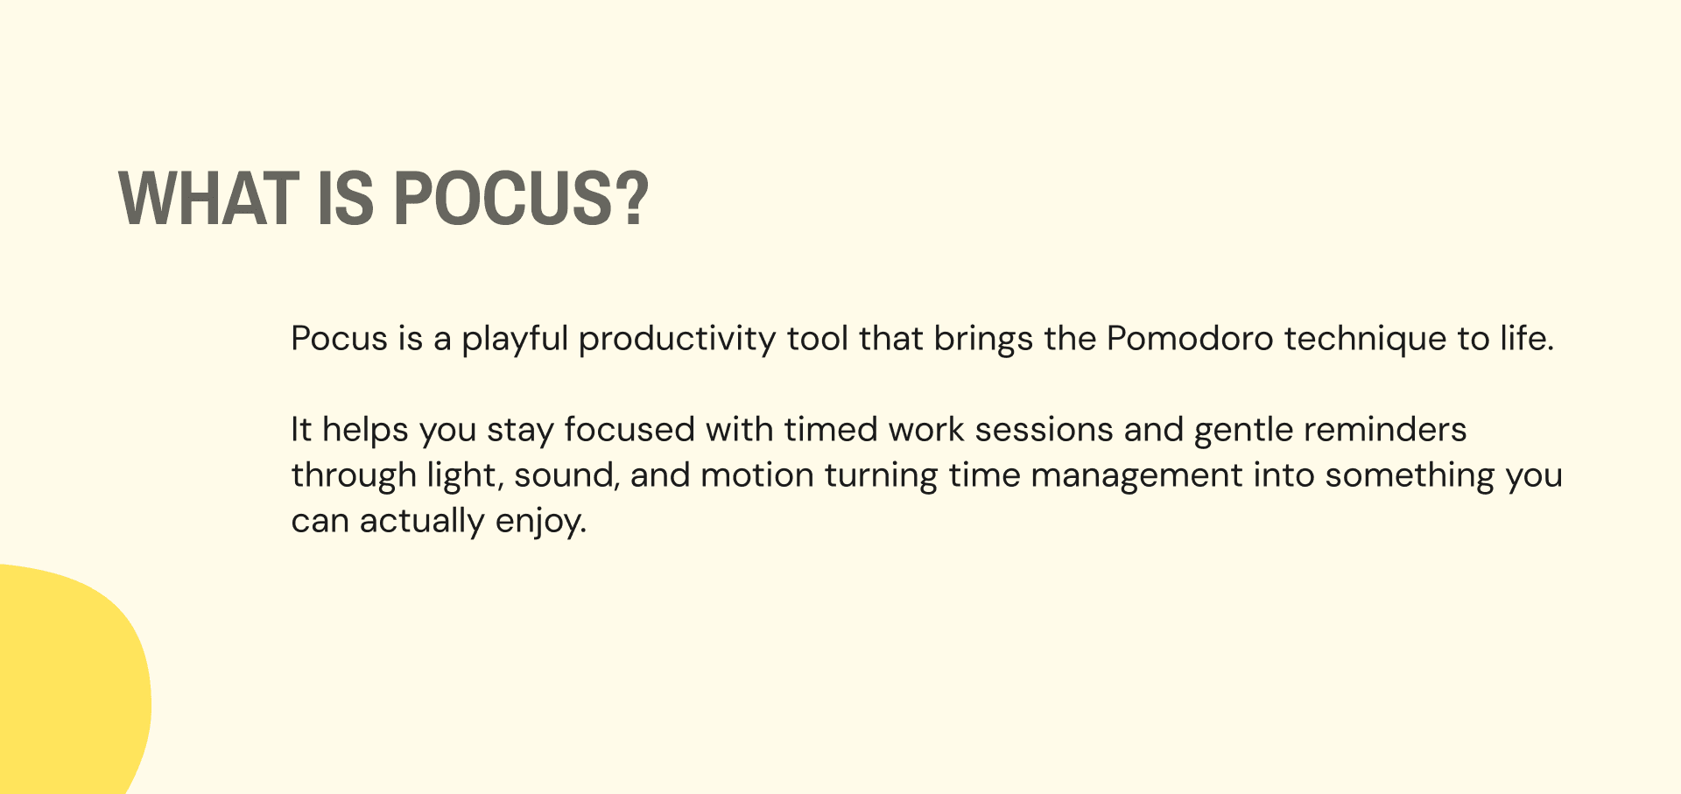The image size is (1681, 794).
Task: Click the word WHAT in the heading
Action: click(x=208, y=198)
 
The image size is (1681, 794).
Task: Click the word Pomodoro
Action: click(x=1190, y=338)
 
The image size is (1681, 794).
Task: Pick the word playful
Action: click(x=516, y=340)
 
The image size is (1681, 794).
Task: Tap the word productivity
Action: click(x=677, y=340)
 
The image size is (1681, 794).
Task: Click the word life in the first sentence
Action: click(x=1527, y=338)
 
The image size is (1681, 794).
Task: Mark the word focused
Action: click(x=629, y=429)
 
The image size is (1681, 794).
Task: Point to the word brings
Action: click(x=983, y=340)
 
